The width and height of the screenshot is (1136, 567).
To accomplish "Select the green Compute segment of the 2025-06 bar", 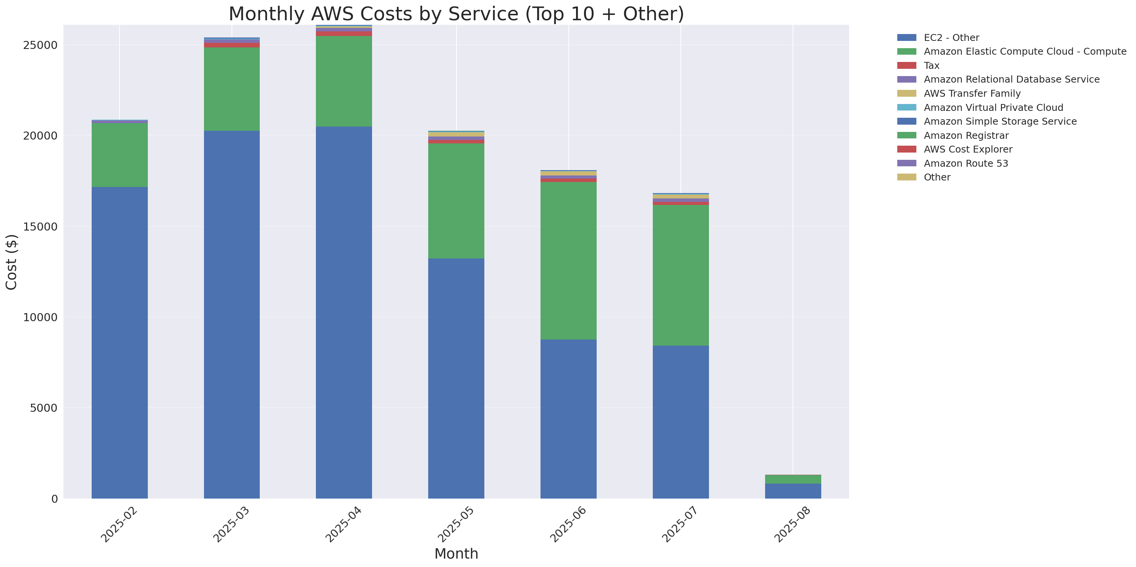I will [x=568, y=260].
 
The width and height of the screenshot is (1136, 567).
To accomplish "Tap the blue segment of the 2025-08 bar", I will [x=793, y=491].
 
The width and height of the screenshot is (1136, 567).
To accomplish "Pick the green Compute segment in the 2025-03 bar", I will [x=231, y=89].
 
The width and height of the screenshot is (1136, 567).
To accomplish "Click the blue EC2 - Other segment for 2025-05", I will [x=456, y=378].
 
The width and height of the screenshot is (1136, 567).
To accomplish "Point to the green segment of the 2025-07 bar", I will [x=680, y=275].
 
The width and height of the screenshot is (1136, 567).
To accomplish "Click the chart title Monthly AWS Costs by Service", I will [x=456, y=14].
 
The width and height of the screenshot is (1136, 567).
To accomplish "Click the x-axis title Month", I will [x=456, y=553].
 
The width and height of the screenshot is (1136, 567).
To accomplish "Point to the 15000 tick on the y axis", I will [x=40, y=226].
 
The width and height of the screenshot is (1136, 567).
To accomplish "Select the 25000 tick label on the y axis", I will [x=40, y=45].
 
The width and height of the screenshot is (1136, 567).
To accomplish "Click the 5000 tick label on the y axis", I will [x=43, y=408].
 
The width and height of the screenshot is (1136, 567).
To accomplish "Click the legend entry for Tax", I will [x=931, y=65].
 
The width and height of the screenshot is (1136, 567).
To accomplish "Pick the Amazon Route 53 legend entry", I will [x=965, y=163].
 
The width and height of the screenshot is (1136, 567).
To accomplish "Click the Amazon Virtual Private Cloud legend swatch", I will [x=906, y=107].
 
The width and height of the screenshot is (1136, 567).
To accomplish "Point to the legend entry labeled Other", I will [x=937, y=177].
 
